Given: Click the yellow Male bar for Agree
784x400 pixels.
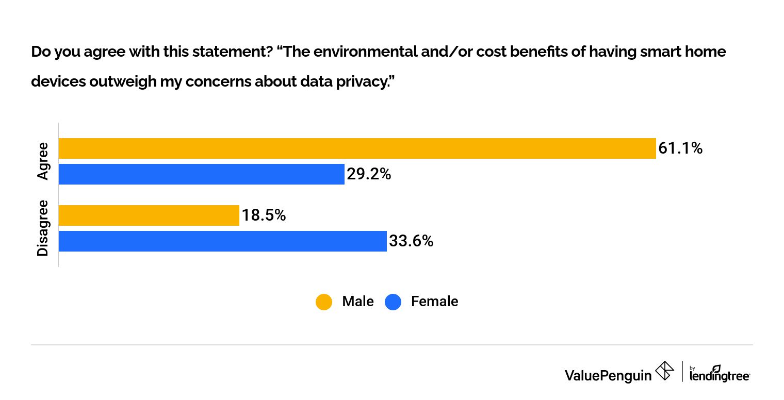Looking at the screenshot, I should tap(357, 148).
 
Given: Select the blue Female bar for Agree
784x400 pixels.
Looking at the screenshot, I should tap(201, 174).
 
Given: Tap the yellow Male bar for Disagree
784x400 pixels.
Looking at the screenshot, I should tap(149, 215).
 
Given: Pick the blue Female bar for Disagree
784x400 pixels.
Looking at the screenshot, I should tap(222, 241).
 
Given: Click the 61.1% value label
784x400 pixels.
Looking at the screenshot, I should tap(680, 148).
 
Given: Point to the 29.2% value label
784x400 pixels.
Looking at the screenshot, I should tap(369, 174).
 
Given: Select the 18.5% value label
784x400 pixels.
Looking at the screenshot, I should tap(264, 215).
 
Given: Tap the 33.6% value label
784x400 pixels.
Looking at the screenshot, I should tap(411, 241).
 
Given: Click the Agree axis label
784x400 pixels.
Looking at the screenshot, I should tap(43, 161).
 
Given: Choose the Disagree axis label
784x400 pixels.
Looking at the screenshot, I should tap(43, 228).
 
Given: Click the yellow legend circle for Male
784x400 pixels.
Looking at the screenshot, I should tap(323, 302).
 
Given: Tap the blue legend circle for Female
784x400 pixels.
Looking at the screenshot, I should tap(393, 302).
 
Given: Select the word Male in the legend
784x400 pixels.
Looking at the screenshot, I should tap(357, 302).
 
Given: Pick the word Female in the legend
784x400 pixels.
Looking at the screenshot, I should tap(434, 302).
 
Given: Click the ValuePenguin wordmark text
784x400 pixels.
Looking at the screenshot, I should tap(608, 375).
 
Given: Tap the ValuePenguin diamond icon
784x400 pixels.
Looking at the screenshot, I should tap(664, 371).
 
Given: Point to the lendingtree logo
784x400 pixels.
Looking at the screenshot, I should tap(720, 373).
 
